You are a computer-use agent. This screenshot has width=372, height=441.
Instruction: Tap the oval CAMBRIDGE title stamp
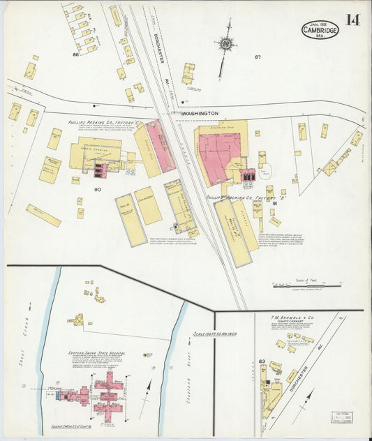tap(321, 29)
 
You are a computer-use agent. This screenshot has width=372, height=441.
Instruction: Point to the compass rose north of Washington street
tap(225, 45)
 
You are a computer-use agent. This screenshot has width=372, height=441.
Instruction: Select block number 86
tap(75, 54)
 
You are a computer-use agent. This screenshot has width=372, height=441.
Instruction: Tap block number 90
tap(98, 189)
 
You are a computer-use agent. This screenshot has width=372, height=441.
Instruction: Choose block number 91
tap(275, 203)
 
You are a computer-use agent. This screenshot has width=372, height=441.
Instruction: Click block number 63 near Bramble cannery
tap(261, 361)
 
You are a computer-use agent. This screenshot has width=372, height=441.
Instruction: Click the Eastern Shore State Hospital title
tap(96, 354)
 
